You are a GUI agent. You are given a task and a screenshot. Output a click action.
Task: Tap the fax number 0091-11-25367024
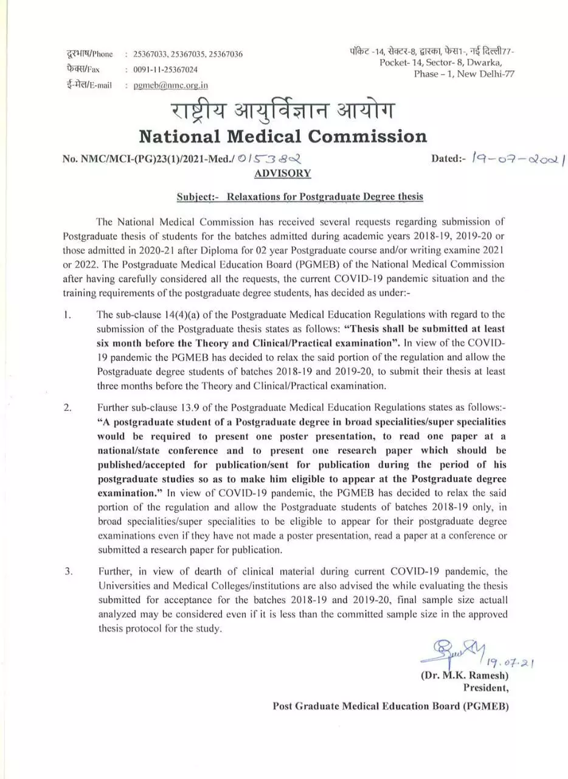pos(165,70)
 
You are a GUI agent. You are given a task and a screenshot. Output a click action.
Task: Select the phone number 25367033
pos(148,54)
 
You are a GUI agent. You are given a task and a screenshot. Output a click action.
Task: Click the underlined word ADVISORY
pos(282,173)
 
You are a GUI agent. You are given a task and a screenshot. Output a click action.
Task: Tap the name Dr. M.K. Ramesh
pos(464,676)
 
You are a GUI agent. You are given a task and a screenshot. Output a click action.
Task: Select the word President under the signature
pos(486,688)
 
